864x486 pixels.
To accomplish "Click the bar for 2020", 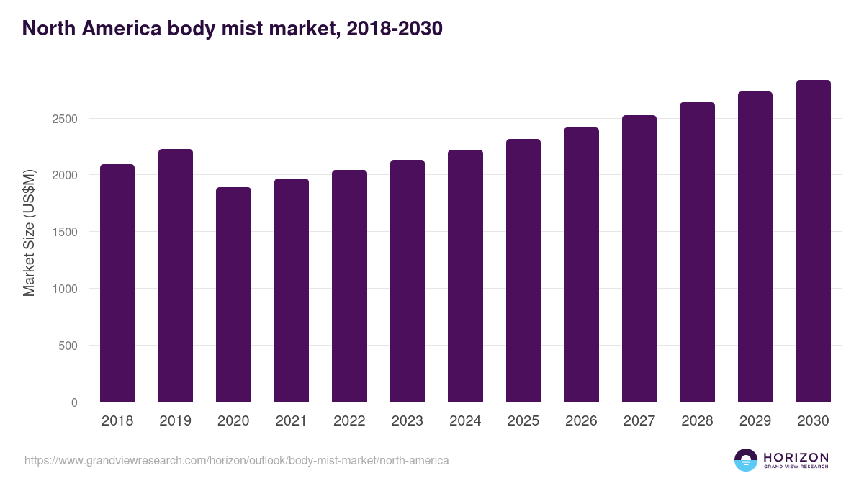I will pos(233,294).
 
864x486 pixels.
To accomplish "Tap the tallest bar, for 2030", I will pos(813,241).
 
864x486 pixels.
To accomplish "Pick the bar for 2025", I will pos(523,271).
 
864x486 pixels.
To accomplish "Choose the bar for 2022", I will pos(349,286).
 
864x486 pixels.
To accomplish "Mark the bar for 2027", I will pos(639,258).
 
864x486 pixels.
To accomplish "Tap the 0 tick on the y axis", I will pos(74,402).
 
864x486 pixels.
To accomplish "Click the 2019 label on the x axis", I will pos(175,421).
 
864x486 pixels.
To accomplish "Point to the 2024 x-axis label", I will pos(465,421).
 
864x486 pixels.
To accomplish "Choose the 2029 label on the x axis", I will pos(755,421).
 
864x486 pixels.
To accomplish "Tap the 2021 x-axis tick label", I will pos(291,421).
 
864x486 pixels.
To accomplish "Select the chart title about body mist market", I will pos(232,29).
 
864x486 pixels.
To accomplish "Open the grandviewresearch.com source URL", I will pos(236,460).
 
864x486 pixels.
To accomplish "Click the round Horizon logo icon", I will pos(746,460).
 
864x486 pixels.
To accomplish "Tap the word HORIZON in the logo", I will pos(796,456).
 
